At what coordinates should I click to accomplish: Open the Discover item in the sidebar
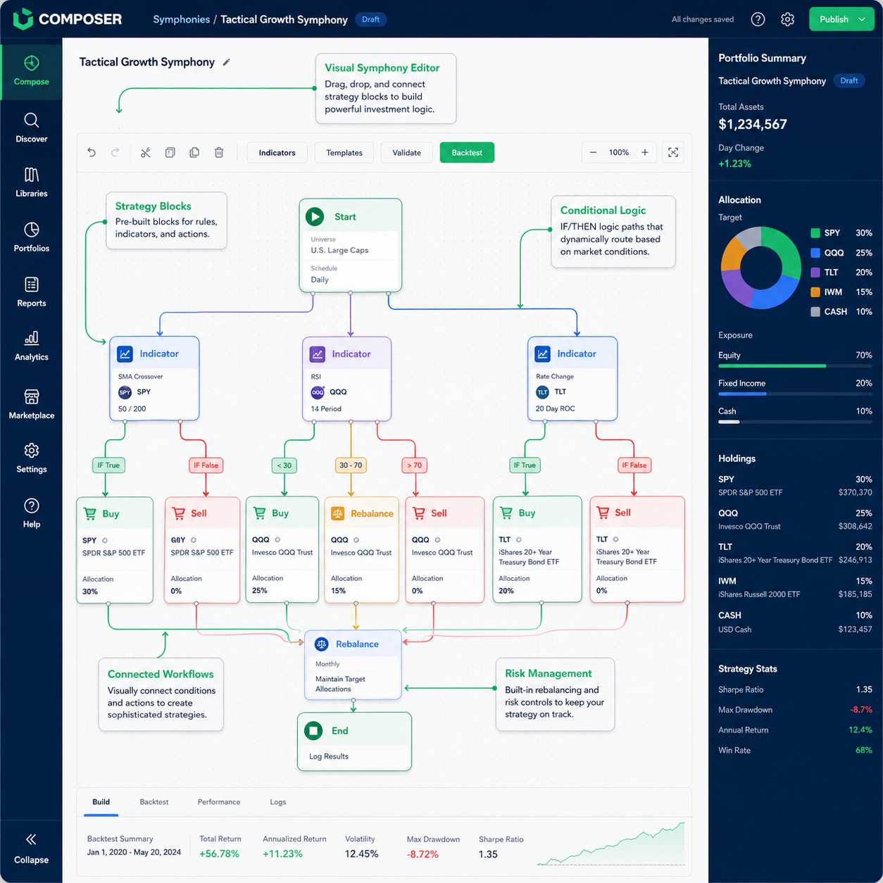(31, 128)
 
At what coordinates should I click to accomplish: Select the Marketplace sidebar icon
(31, 397)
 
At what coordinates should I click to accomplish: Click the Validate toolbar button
(406, 153)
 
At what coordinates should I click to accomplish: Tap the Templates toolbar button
(344, 153)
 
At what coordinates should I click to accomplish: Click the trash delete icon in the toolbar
(219, 153)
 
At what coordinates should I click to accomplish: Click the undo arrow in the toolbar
(92, 153)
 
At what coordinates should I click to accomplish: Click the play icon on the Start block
(315, 217)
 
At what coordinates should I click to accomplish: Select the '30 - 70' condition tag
(351, 465)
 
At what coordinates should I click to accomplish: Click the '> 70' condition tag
(415, 465)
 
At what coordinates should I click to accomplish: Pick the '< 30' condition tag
(284, 465)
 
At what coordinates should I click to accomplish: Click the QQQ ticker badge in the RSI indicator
(318, 392)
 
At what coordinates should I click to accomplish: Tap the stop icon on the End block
(313, 730)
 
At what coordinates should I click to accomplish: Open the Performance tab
(218, 802)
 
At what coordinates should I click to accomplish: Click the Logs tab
(277, 802)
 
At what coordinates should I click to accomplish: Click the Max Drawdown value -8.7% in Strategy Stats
(860, 710)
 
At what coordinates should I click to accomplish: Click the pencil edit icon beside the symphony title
(226, 63)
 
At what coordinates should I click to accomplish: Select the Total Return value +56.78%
(219, 854)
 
